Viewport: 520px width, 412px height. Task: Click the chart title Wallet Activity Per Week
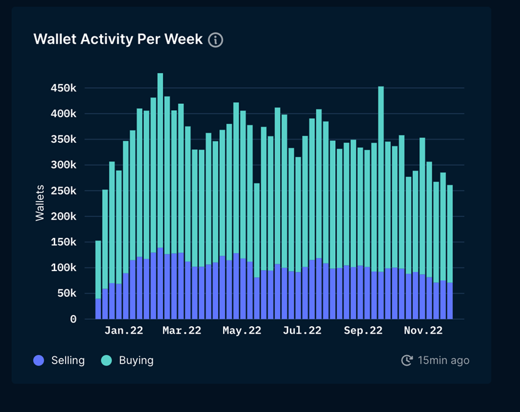click(x=118, y=39)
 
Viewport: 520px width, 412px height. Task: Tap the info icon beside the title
click(x=216, y=40)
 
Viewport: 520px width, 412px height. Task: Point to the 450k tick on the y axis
click(x=63, y=88)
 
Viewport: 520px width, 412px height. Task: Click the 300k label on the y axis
click(x=63, y=165)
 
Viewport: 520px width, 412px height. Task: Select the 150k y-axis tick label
click(x=63, y=242)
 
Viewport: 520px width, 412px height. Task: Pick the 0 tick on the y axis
click(x=73, y=319)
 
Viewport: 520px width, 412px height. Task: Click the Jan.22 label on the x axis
click(x=123, y=331)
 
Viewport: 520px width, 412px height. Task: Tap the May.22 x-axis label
click(x=242, y=331)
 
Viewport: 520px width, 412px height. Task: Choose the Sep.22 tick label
click(x=364, y=331)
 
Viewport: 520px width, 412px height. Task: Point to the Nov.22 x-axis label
click(x=424, y=331)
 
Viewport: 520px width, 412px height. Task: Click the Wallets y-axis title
click(x=40, y=202)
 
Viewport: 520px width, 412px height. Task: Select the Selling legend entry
click(x=59, y=360)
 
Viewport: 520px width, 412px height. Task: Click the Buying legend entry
click(x=127, y=360)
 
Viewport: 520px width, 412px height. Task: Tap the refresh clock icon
click(x=407, y=360)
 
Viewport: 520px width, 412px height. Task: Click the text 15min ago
click(x=444, y=360)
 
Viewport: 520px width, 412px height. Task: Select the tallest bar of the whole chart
click(x=160, y=188)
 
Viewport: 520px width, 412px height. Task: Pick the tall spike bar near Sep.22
click(x=381, y=188)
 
